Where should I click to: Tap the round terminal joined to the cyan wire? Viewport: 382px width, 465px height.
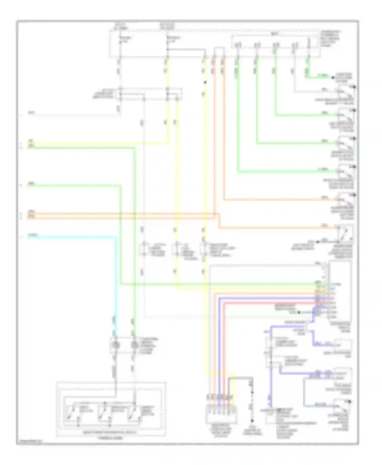[x=115, y=345]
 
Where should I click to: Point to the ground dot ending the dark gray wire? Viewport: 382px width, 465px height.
[x=253, y=421]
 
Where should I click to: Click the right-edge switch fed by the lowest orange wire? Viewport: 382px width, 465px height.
[x=346, y=232]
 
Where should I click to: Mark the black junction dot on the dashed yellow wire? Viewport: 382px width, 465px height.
[x=205, y=82]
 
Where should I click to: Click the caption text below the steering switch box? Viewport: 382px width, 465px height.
[x=111, y=438]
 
